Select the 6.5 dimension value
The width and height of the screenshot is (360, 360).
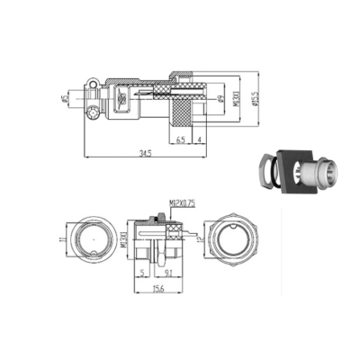[181, 139]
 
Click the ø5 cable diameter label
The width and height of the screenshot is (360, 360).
[66, 97]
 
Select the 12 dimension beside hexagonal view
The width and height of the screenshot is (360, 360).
[201, 241]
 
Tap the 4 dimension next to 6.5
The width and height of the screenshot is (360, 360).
[198, 139]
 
